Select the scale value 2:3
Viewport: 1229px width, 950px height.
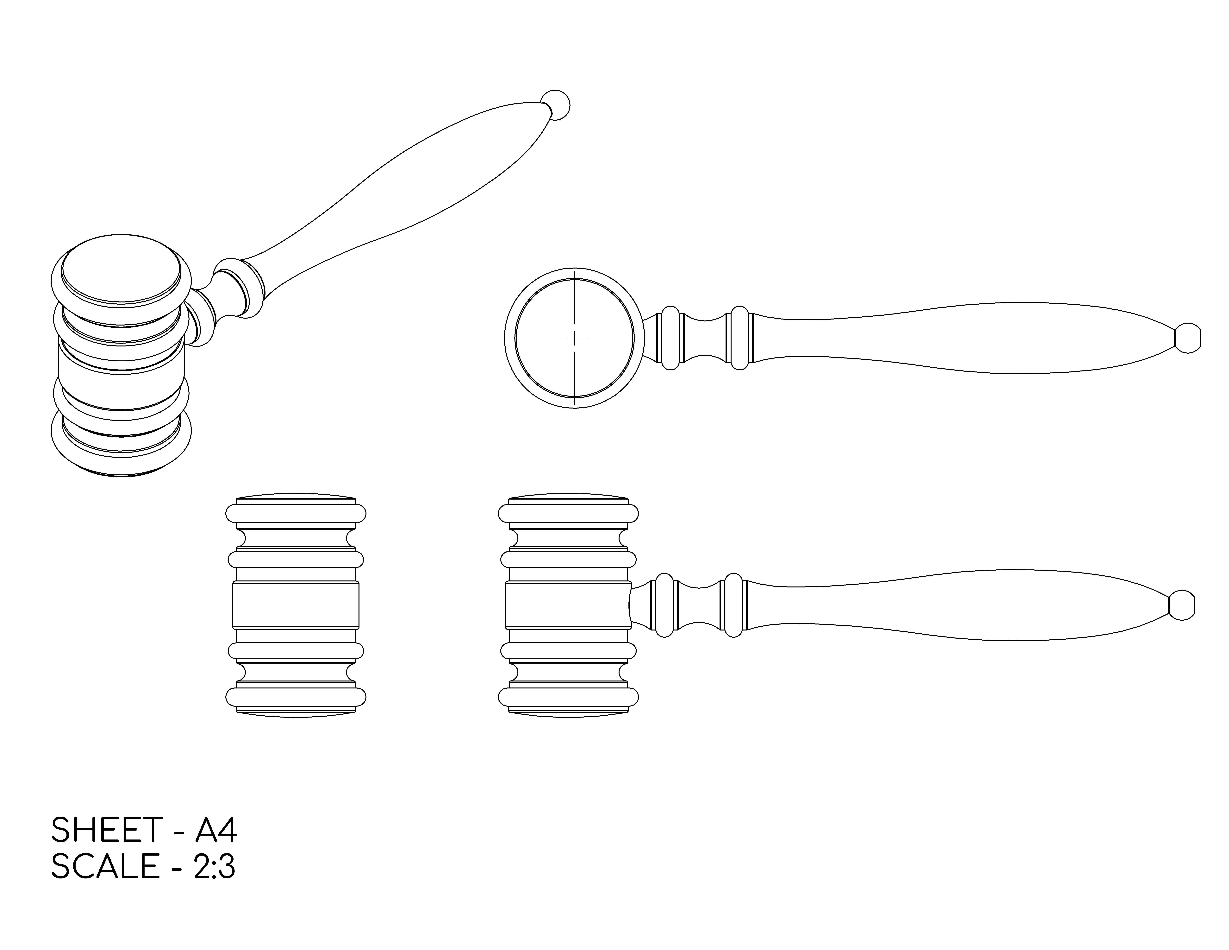pyautogui.click(x=214, y=866)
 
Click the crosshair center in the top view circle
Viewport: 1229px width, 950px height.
pyautogui.click(x=574, y=338)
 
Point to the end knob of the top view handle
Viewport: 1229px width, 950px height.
pyautogui.click(x=1187, y=338)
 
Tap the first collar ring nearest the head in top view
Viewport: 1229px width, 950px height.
pyautogui.click(x=670, y=338)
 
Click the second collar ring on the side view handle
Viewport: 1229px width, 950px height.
pyautogui.click(x=733, y=605)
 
